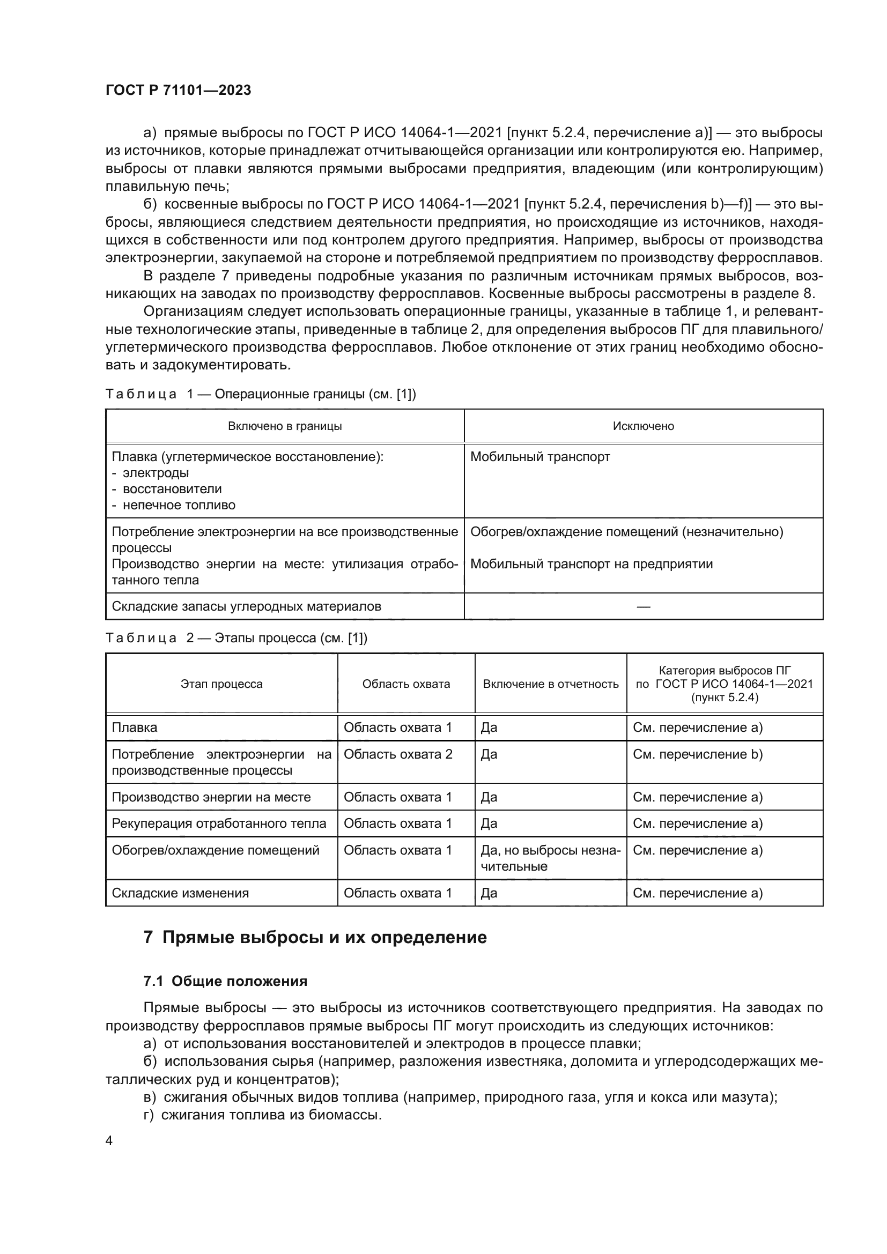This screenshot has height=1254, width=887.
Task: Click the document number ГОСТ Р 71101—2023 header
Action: pos(178,90)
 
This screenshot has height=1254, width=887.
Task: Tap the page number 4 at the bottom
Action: pos(109,1141)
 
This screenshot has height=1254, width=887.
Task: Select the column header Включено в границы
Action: pos(285,426)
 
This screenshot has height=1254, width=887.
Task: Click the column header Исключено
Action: pos(643,426)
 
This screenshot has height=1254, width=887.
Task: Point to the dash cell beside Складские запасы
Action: pos(643,606)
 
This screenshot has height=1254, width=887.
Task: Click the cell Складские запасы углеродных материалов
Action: pos(246,606)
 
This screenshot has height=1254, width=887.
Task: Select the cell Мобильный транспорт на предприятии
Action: pos(591,563)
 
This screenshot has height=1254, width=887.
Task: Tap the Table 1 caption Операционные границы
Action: pos(261,394)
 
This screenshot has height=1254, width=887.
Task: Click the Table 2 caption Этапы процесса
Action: pos(236,638)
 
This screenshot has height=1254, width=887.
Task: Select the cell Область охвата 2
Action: pos(397,754)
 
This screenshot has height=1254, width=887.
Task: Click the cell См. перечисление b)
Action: pos(698,754)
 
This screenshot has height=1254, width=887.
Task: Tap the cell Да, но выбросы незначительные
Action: pos(550,858)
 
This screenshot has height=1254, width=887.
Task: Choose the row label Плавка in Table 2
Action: pos(135,728)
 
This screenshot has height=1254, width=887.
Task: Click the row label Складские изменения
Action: pos(180,893)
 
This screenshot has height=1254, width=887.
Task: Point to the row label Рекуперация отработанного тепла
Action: pos(218,823)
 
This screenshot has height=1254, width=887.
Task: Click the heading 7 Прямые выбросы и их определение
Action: pos(315,937)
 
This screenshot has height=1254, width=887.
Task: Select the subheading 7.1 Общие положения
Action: pos(225,982)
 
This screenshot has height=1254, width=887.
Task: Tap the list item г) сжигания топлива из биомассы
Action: pos(262,1115)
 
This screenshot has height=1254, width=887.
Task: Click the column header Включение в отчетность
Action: pos(550,684)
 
